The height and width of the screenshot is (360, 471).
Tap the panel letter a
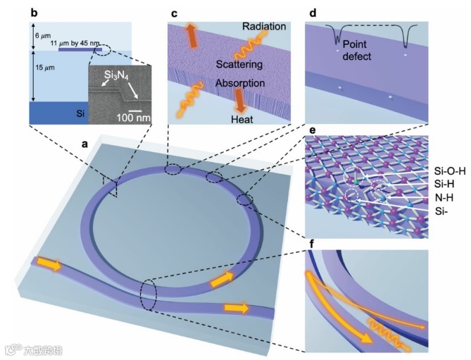(x=85, y=144)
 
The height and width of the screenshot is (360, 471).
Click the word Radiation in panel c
(x=264, y=27)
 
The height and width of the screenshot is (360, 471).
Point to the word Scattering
(x=240, y=65)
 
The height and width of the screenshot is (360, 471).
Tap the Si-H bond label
(x=429, y=182)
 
